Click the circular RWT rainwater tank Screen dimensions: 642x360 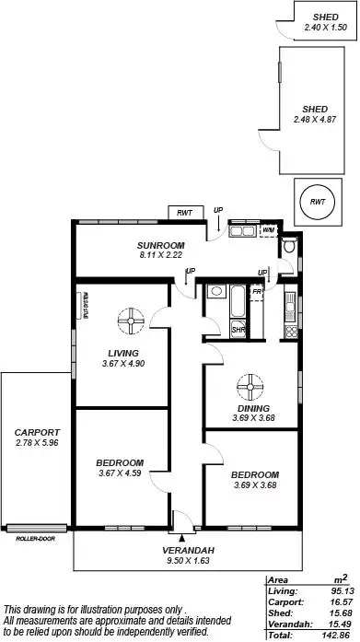[x=316, y=201]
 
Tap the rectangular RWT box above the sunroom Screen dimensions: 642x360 [x=185, y=213]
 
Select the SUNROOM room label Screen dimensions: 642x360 [x=156, y=245]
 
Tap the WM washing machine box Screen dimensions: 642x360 [x=269, y=230]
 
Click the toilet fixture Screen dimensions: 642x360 [x=289, y=246]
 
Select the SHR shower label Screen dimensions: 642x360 [x=238, y=329]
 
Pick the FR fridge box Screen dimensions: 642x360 [x=257, y=291]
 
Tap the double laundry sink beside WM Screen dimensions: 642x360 [x=243, y=230]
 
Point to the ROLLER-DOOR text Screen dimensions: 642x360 [x=34, y=538]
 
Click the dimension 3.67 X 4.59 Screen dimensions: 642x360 [x=121, y=473]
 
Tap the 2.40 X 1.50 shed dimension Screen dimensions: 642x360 [x=325, y=28]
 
